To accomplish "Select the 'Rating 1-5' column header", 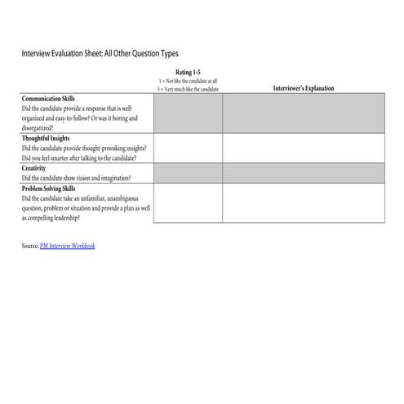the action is (x=188, y=73).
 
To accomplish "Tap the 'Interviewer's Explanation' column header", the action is (x=303, y=88).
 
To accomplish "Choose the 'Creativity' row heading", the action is (x=34, y=168).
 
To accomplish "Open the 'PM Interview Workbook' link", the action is (x=67, y=245).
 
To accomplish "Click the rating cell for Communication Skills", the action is (x=188, y=113).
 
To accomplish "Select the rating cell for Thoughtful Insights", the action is (x=188, y=148).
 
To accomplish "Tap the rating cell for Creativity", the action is (x=188, y=173).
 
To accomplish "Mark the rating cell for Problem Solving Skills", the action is (x=188, y=203).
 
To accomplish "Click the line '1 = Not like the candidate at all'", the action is (x=188, y=80).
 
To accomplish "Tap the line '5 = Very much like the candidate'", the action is (x=188, y=87).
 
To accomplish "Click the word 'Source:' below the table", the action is (x=29, y=245).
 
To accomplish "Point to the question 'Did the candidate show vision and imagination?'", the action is (x=76, y=177).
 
